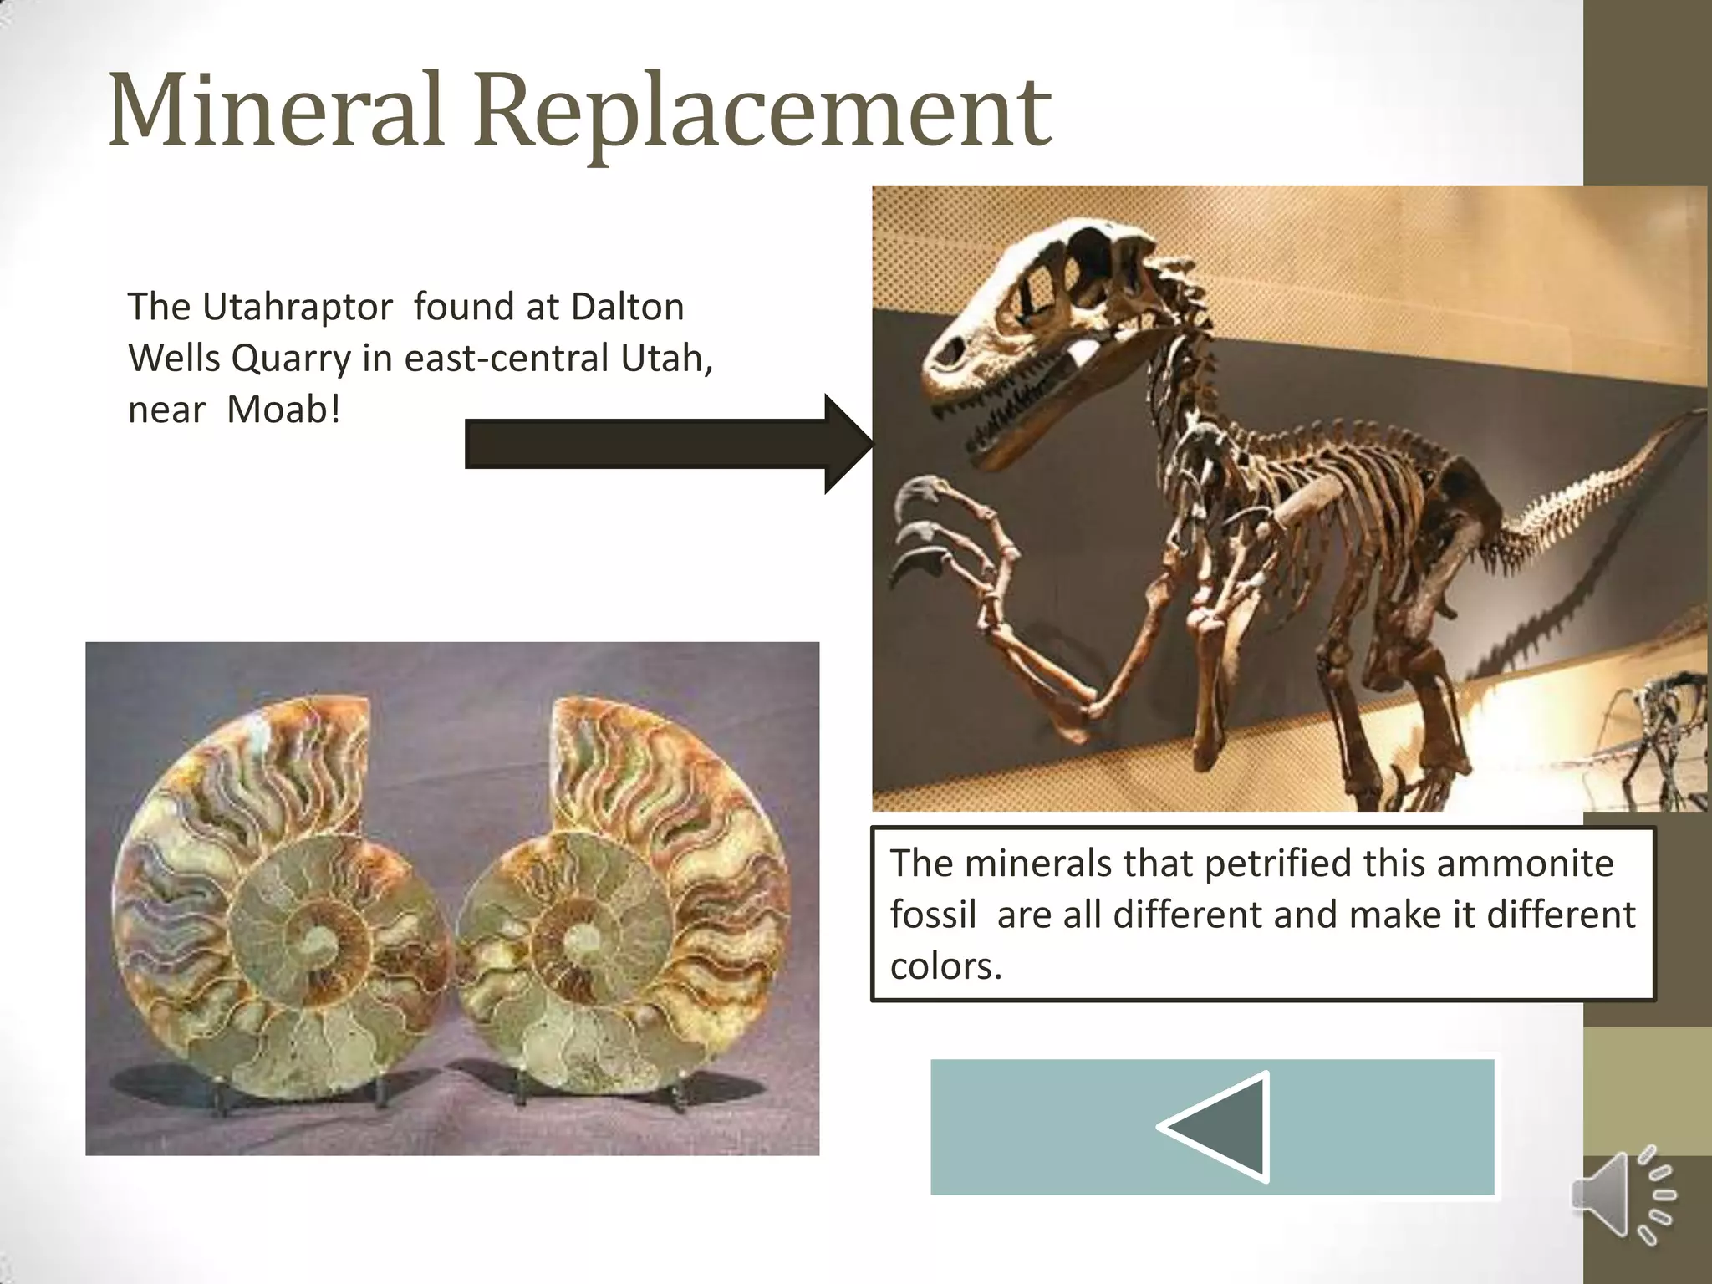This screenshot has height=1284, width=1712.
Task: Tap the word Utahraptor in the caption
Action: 297,308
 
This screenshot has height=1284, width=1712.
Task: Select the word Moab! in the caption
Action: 284,410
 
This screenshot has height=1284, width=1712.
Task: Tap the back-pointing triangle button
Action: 1216,1127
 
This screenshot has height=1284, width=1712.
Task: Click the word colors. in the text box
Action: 945,966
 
